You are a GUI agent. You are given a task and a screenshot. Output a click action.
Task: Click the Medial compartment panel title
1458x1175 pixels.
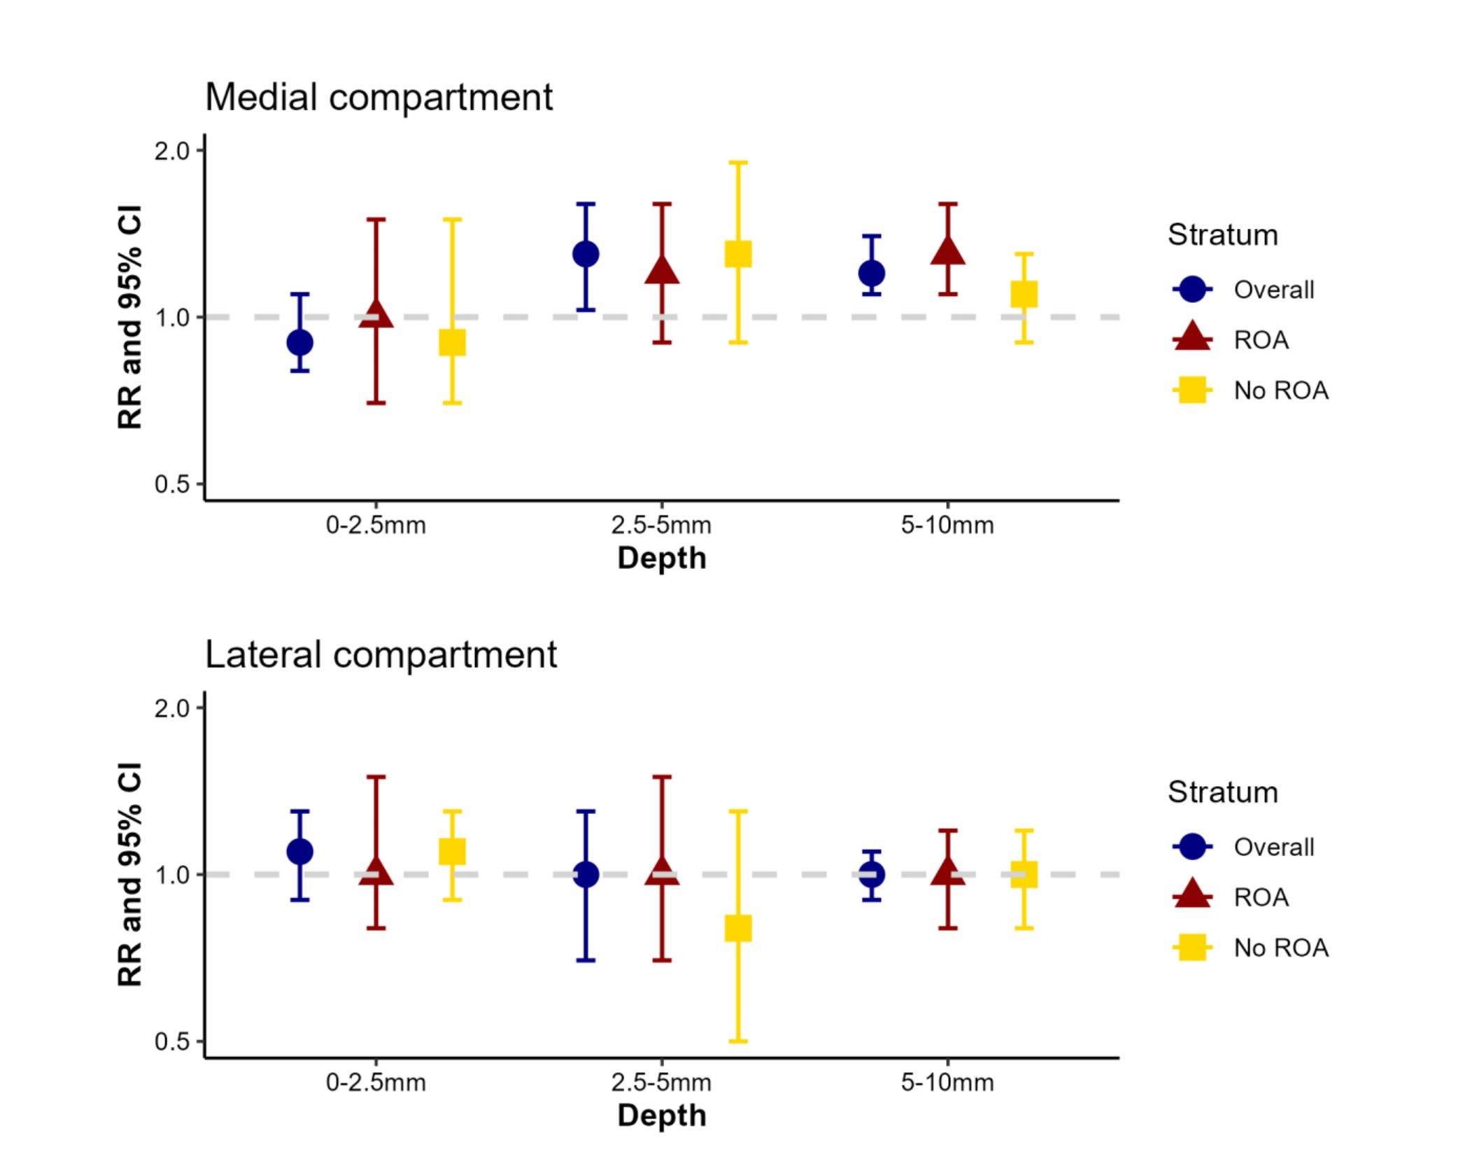[x=378, y=97]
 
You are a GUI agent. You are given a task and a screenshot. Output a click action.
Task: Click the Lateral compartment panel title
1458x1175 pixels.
[x=381, y=655]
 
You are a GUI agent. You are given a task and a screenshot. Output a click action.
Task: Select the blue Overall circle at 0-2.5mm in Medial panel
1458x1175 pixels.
[x=300, y=343]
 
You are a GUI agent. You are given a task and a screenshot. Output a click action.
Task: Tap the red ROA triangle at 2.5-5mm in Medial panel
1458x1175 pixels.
[x=662, y=271]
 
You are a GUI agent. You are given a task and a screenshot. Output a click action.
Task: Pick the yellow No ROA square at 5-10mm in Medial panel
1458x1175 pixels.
[x=1024, y=294]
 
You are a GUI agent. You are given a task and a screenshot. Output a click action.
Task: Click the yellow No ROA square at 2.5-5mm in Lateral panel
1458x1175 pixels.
[x=738, y=928]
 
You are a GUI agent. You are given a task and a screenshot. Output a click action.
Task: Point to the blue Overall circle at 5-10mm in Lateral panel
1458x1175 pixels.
[x=872, y=875]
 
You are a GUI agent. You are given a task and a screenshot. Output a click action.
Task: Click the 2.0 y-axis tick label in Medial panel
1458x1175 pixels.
[x=172, y=151]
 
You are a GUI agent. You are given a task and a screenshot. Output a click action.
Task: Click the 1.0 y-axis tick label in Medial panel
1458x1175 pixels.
[x=172, y=318]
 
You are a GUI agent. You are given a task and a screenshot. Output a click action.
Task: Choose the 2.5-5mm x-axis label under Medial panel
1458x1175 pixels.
[x=661, y=526]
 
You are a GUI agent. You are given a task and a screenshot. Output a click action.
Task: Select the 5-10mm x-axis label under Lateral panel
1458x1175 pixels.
[x=947, y=1083]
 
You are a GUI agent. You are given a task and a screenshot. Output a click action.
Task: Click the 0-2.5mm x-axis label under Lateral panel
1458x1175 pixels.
[x=376, y=1083]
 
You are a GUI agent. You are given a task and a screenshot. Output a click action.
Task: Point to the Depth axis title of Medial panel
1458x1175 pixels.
[x=662, y=558]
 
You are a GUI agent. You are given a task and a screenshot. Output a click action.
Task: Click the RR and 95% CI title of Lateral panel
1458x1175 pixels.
[x=130, y=874]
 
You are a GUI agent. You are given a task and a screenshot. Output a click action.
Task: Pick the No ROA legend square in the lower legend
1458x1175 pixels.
[x=1192, y=948]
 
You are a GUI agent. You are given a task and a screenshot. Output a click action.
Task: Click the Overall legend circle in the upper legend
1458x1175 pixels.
[x=1192, y=289]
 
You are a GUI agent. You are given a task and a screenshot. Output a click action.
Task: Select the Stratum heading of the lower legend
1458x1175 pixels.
[x=1222, y=792]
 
